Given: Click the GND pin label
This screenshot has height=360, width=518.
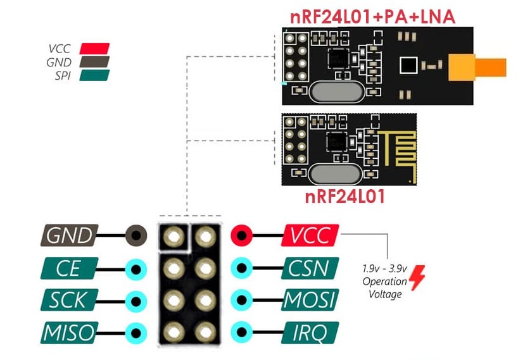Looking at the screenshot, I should (x=70, y=236).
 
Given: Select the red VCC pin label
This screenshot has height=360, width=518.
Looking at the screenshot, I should (x=310, y=235).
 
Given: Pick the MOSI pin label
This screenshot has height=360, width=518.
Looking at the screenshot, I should (x=310, y=300).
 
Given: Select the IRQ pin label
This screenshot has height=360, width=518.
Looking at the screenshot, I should (x=310, y=332).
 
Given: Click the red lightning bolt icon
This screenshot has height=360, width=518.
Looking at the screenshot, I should (x=417, y=278).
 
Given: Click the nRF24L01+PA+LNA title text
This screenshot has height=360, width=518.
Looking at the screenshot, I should (x=373, y=16).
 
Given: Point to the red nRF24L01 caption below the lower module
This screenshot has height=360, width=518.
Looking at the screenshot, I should (x=345, y=196).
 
